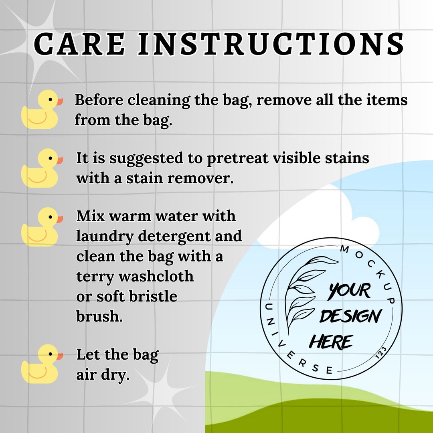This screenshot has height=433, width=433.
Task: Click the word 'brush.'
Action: pos(99,316)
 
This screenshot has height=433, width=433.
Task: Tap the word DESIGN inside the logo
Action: pos(350,317)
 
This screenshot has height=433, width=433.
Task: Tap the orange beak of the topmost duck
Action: pos(60,101)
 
